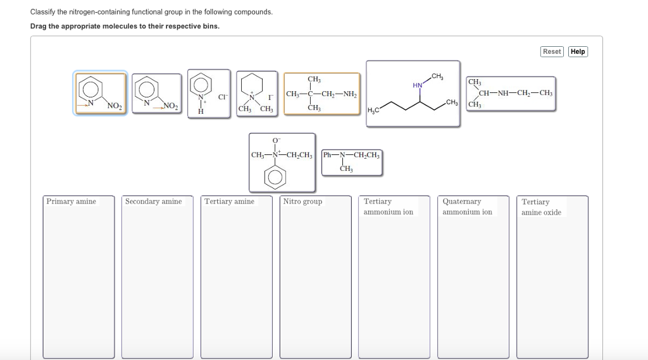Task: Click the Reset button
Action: [x=552, y=51]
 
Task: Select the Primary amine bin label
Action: [x=71, y=202]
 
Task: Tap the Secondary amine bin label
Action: [x=153, y=202]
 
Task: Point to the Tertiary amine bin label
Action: [x=229, y=202]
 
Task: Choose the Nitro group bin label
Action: [x=302, y=202]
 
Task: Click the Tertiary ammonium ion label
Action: [x=388, y=207]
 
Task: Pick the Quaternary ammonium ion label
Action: [x=467, y=207]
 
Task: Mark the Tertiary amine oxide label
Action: [x=541, y=207]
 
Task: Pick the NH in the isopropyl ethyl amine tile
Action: [x=503, y=94]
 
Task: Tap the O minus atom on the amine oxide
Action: [x=276, y=140]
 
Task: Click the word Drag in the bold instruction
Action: [x=39, y=26]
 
